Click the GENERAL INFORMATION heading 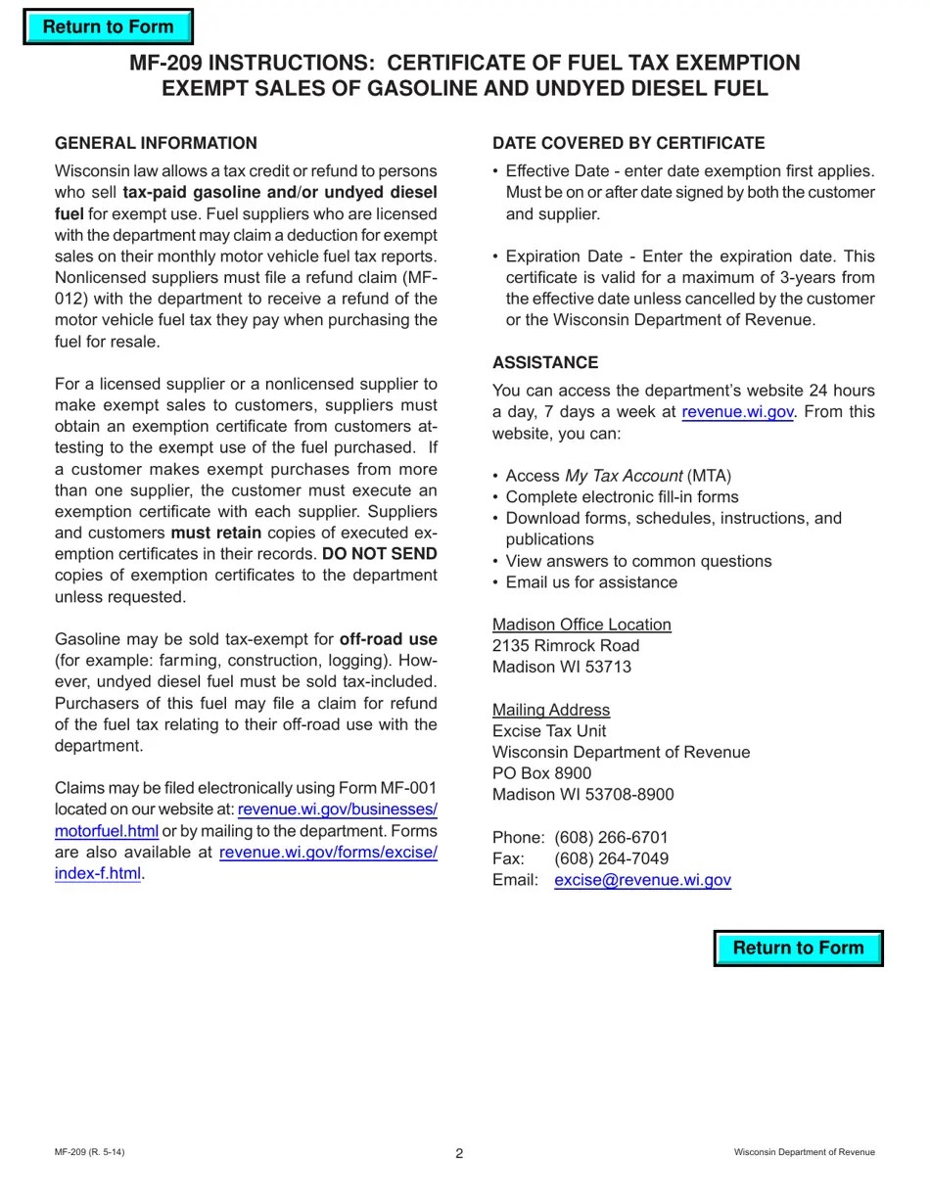click(156, 143)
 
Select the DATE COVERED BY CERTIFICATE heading click(628, 143)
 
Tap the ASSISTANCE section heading click(545, 362)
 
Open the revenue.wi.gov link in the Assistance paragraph click(737, 412)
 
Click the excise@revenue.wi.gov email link click(642, 880)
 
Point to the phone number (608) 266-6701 click(611, 838)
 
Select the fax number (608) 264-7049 click(611, 858)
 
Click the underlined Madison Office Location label click(581, 625)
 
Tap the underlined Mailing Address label click(551, 710)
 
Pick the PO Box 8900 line click(541, 773)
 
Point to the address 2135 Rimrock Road click(566, 646)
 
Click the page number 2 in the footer click(459, 1153)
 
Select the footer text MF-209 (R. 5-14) click(89, 1152)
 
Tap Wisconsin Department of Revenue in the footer click(804, 1152)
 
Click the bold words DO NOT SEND click(379, 554)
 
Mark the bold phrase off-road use click(388, 639)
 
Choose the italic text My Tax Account click(624, 476)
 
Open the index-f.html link click(98, 873)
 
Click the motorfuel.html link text click(106, 831)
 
